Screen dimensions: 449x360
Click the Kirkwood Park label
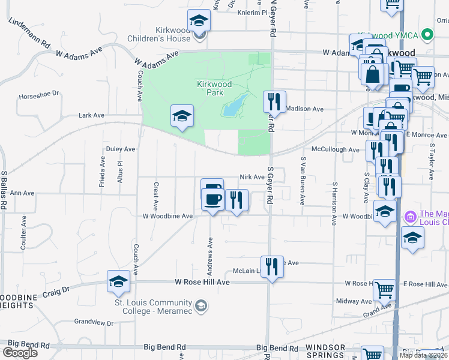click(x=210, y=88)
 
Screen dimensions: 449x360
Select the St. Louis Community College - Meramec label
click(x=153, y=306)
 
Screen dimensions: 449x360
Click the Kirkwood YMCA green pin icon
click(x=427, y=35)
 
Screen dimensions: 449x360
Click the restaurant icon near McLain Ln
click(x=272, y=267)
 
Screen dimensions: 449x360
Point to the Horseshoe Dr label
click(x=40, y=94)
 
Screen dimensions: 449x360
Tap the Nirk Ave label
click(x=252, y=177)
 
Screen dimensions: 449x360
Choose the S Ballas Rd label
click(x=4, y=189)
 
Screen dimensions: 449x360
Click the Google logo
click(x=20, y=353)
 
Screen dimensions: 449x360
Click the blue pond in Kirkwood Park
click(x=236, y=105)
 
